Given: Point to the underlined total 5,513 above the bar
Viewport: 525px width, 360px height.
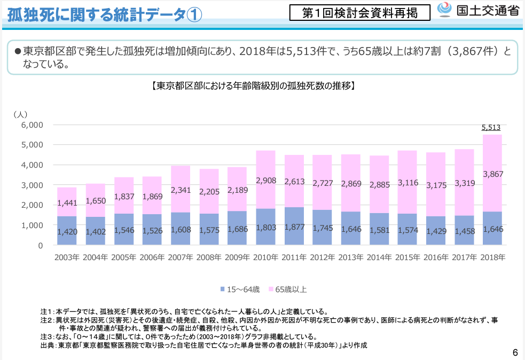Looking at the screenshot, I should click(491, 127).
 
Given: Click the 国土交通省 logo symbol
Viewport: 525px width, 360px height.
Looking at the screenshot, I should click(445, 10).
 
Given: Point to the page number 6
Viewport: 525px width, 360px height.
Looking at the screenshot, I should click(515, 353).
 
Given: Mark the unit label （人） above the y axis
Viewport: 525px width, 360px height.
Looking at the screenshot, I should click(20, 114).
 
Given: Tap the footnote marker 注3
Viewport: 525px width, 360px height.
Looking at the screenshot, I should click(47, 337).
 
